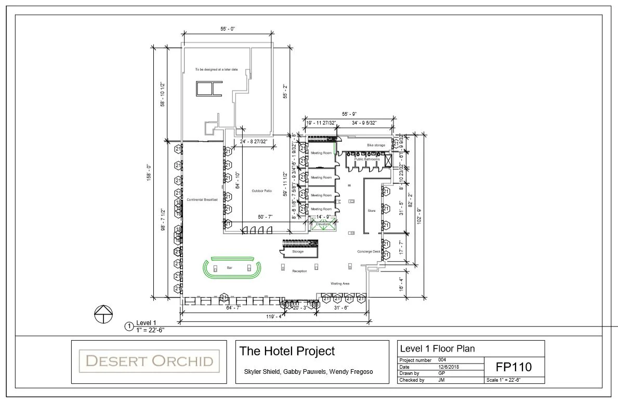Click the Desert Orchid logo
[149, 360]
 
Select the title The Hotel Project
[287, 352]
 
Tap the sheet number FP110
[514, 367]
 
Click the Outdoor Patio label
[262, 190]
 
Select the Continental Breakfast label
[202, 199]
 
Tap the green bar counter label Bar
[229, 268]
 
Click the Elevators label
[323, 224]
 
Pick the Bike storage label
[376, 145]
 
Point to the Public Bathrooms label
[367, 159]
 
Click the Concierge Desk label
[369, 252]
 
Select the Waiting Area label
[340, 284]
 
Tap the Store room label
[372, 211]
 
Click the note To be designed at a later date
[216, 69]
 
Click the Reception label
[299, 271]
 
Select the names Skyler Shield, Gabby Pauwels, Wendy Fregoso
[308, 372]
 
